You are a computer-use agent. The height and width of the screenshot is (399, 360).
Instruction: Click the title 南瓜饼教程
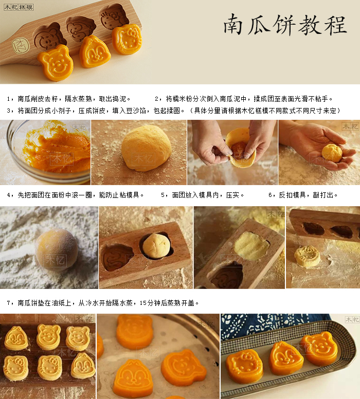pyautogui.click(x=285, y=25)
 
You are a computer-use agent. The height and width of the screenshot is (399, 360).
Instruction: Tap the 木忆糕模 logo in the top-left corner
pyautogui.click(x=19, y=7)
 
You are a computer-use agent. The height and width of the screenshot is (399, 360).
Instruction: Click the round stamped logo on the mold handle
pyautogui.click(x=21, y=46)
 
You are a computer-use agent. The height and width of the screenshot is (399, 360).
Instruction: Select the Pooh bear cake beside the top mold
pyautogui.click(x=56, y=63)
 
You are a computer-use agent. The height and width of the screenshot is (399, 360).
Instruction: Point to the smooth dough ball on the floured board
pyautogui.click(x=146, y=148)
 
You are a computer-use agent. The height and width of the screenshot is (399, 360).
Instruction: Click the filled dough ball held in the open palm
pyautogui.click(x=332, y=153)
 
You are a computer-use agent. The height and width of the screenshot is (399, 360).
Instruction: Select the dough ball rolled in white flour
pyautogui.click(x=57, y=249)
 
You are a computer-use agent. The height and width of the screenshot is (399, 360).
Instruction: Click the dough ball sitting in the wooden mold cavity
pyautogui.click(x=156, y=246)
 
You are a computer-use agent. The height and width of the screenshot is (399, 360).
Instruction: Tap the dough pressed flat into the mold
pyautogui.click(x=251, y=246)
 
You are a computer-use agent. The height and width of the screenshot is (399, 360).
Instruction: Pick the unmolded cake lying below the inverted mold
pyautogui.click(x=308, y=256)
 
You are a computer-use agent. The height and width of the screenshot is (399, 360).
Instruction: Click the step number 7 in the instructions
pyautogui.click(x=9, y=303)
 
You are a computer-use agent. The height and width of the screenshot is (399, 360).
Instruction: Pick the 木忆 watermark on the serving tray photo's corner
pyautogui.click(x=352, y=320)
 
